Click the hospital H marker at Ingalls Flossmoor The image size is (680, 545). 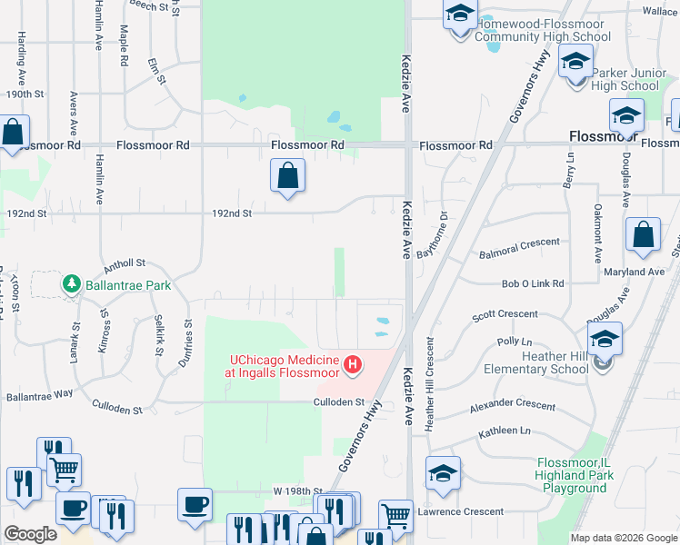pos(353,366)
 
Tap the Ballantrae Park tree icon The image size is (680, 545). pos(72,284)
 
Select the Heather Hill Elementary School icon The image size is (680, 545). pos(605,341)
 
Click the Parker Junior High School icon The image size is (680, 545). pos(575,63)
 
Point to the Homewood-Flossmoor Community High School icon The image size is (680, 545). pos(460,15)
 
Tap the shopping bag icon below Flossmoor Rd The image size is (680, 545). pos(287,175)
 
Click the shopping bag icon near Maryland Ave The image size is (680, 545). pos(643,234)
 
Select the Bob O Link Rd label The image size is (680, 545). pos(533,284)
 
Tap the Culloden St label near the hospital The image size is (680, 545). pos(338,401)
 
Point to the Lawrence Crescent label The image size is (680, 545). pos(460,511)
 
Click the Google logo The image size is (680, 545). pos(29,534)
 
